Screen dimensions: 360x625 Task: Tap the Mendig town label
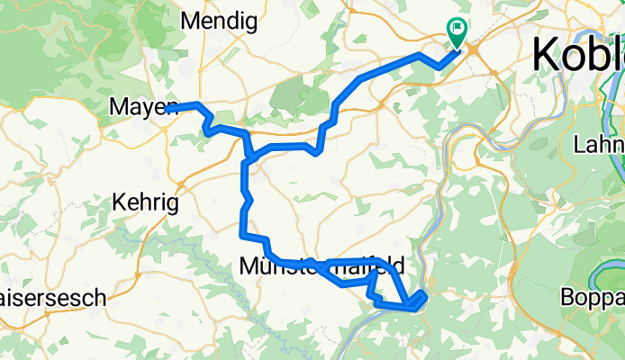point(220,20)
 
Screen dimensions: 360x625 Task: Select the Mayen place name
point(143,108)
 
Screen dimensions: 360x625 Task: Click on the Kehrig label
point(145,203)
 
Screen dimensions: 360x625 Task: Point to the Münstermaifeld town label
point(322,266)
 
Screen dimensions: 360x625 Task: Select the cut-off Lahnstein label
point(599,144)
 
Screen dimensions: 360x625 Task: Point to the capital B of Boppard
point(567,297)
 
